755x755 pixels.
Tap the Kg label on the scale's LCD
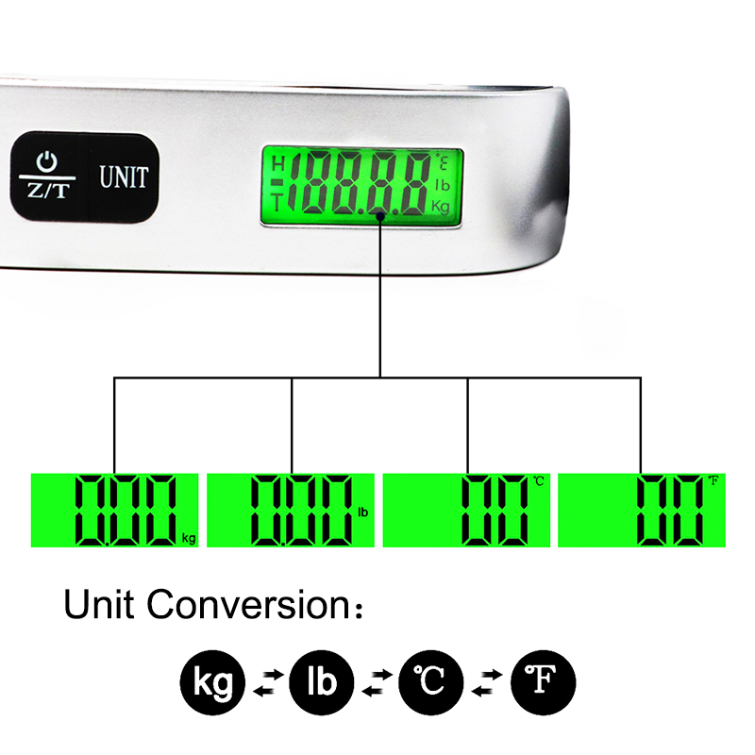click(441, 205)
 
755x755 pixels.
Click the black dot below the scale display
click(379, 216)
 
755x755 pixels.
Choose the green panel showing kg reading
click(114, 510)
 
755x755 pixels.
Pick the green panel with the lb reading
click(291, 510)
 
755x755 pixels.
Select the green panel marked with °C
click(467, 510)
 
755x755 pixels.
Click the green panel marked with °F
click(644, 510)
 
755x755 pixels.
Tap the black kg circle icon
click(212, 681)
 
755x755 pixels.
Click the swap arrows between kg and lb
click(267, 682)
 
